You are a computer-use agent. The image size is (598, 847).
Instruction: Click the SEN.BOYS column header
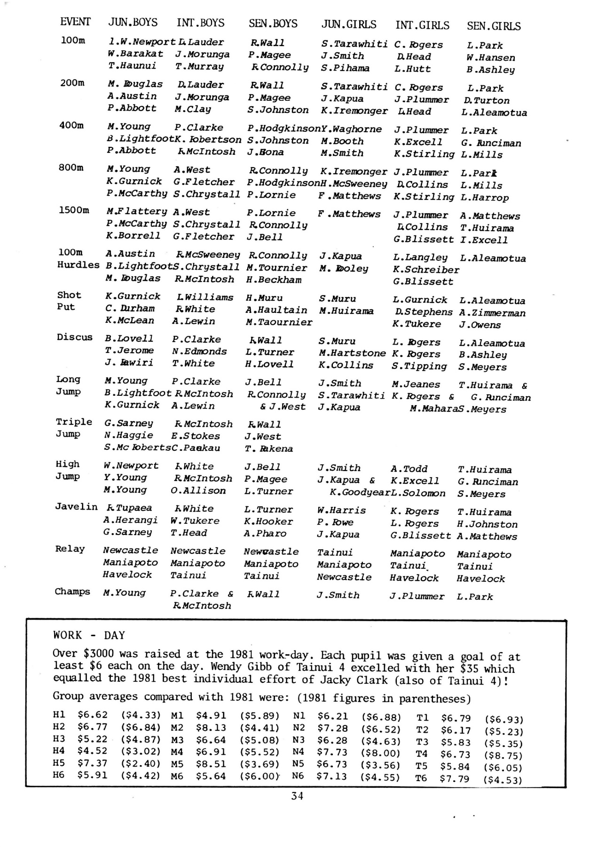pyautogui.click(x=273, y=24)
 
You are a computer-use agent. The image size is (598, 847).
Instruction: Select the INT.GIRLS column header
pyautogui.click(x=422, y=25)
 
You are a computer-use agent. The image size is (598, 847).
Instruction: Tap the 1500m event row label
pyautogui.click(x=74, y=210)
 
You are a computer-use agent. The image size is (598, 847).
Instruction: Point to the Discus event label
pyautogui.click(x=75, y=337)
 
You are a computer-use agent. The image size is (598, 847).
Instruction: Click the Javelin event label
pyautogui.click(x=76, y=506)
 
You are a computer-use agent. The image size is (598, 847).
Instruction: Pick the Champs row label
pyautogui.click(x=72, y=591)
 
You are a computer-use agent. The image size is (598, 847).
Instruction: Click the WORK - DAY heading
pyautogui.click(x=89, y=635)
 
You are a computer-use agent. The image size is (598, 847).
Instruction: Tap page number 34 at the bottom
pyautogui.click(x=297, y=795)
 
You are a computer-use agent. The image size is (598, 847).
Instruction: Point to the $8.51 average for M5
pyautogui.click(x=211, y=764)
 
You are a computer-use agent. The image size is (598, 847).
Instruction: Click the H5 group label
pyautogui.click(x=59, y=763)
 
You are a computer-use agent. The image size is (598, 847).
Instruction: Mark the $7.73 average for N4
pyautogui.click(x=332, y=752)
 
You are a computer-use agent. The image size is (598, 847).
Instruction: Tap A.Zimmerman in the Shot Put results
pyautogui.click(x=492, y=312)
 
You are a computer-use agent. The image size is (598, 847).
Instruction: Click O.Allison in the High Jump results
pyautogui.click(x=198, y=490)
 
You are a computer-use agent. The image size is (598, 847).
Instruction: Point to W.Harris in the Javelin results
pyautogui.click(x=341, y=510)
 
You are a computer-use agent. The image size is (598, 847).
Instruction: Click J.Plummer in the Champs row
pyautogui.click(x=417, y=596)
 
